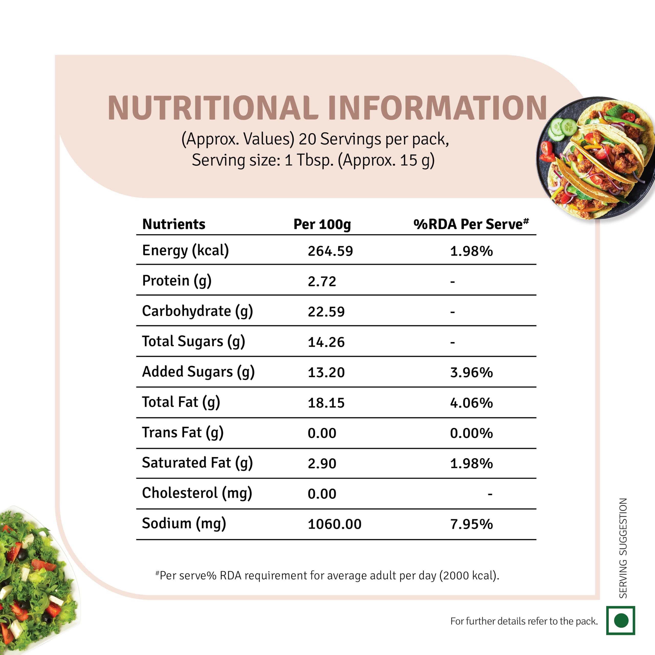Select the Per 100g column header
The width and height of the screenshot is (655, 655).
[322, 224]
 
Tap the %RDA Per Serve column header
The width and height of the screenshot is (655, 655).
[471, 224]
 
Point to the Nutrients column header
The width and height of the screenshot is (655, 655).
[173, 224]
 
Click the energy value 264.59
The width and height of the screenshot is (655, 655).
[330, 251]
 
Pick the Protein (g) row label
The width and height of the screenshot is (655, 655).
[177, 281]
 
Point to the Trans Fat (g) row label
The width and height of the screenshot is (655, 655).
[182, 433]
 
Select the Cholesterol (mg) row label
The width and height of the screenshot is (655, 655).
[197, 493]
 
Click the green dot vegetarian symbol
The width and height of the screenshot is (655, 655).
[621, 621]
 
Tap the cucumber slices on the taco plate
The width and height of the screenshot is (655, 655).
[563, 129]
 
